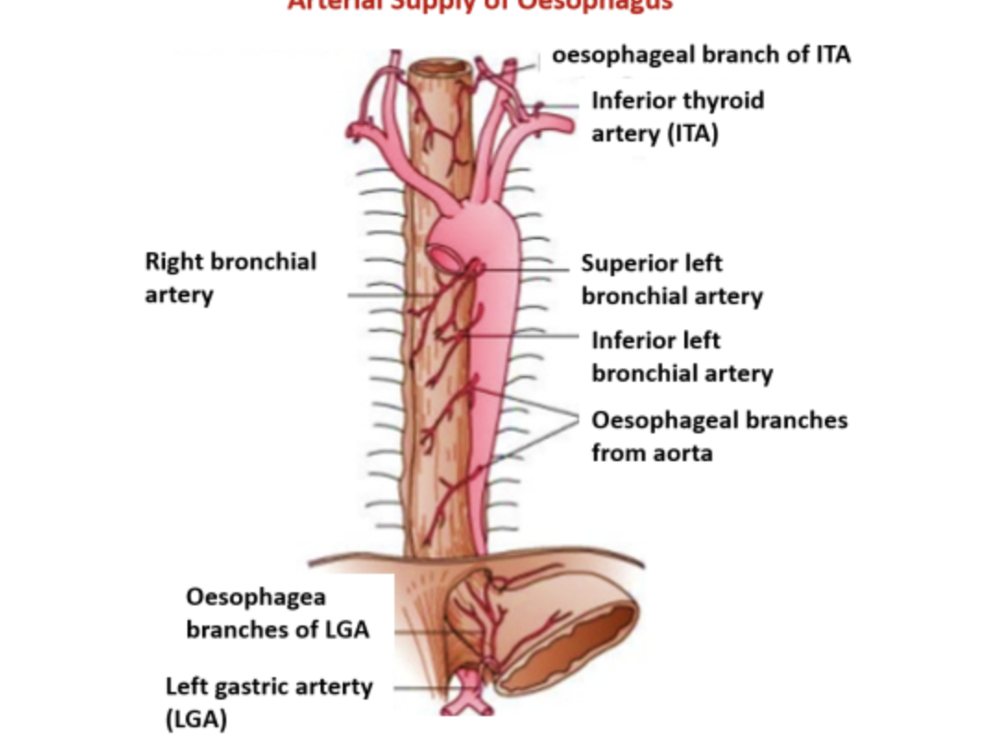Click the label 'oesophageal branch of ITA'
click(701, 55)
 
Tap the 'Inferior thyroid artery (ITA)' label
click(677, 116)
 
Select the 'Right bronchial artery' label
click(230, 278)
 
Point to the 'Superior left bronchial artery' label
click(671, 280)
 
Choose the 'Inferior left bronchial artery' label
click(682, 357)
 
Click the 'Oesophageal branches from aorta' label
click(719, 436)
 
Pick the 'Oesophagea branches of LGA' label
click(277, 614)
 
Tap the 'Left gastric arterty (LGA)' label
click(268, 702)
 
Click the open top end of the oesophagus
click(441, 68)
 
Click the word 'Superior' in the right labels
click(625, 264)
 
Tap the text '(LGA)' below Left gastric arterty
click(196, 719)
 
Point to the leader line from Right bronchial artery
click(374, 296)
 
